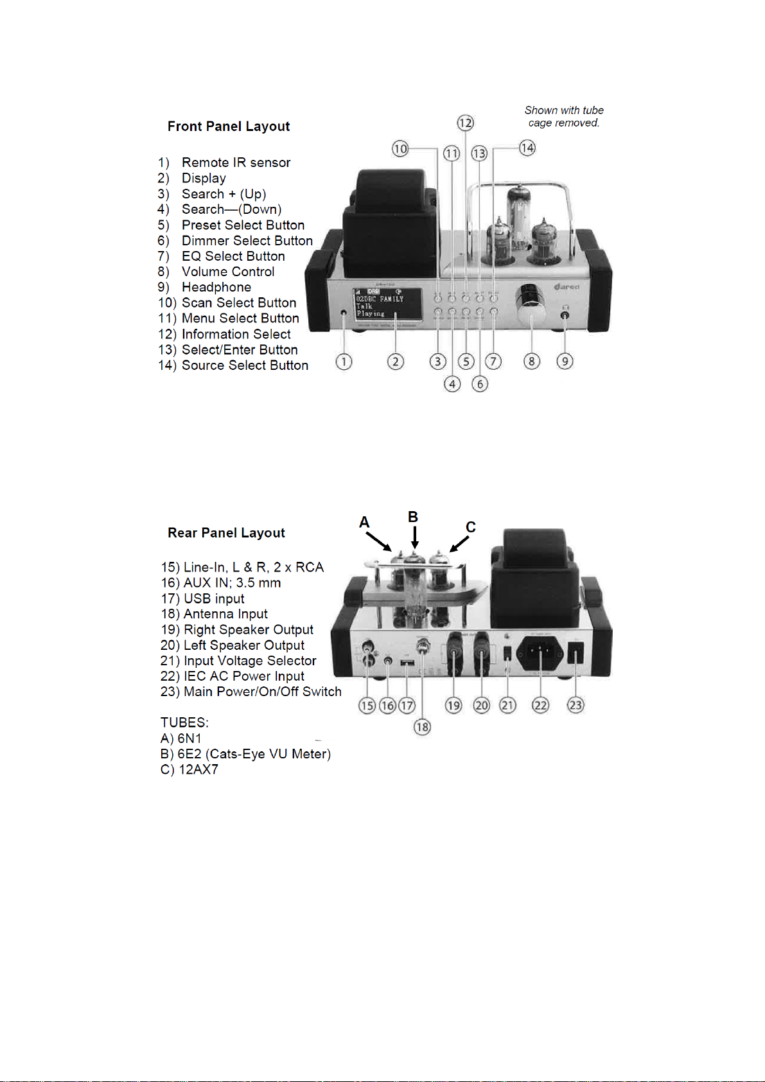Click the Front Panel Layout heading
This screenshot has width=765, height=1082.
click(228, 127)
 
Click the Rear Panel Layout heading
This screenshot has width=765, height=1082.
click(226, 533)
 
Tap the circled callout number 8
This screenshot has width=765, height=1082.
click(531, 362)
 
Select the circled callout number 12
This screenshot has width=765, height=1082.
click(465, 123)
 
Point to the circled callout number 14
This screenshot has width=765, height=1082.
click(527, 148)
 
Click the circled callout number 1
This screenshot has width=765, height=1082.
click(344, 362)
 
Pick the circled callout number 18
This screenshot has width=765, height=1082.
click(422, 727)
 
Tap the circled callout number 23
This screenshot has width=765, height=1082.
click(575, 705)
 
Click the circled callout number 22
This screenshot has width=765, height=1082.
click(541, 705)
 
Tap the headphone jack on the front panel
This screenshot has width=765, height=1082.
click(565, 315)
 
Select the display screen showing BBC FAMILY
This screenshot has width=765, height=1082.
click(387, 304)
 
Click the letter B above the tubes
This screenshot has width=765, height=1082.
click(413, 518)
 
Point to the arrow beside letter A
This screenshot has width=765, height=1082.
click(380, 542)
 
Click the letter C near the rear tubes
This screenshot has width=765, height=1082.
click(471, 527)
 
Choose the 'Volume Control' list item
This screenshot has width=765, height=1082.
click(228, 272)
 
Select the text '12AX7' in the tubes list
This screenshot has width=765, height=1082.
click(198, 769)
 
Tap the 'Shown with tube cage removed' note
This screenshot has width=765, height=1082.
click(564, 116)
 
